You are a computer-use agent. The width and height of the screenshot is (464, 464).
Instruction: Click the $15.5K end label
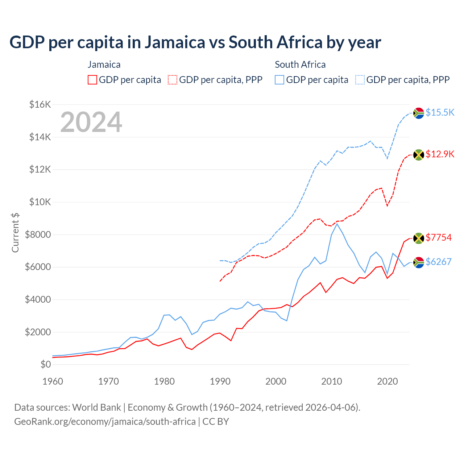click(440, 112)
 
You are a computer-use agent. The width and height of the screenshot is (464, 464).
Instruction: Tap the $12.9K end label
click(440, 154)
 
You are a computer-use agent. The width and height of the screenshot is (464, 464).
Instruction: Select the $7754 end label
click(439, 237)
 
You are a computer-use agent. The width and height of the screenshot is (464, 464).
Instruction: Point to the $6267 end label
click(439, 262)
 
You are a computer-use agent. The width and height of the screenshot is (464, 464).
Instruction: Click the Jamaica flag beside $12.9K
click(419, 155)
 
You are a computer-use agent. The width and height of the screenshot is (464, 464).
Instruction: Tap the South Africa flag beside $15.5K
click(419, 113)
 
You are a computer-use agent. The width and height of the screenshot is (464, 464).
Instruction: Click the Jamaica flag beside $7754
click(419, 238)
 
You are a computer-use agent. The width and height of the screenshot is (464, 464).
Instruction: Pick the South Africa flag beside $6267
click(419, 262)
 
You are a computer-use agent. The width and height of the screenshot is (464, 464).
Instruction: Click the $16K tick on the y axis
click(40, 105)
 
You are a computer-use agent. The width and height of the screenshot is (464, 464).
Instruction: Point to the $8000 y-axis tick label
click(38, 235)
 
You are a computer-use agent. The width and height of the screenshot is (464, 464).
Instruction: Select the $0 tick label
click(45, 364)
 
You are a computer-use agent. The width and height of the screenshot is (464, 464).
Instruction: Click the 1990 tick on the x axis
click(220, 381)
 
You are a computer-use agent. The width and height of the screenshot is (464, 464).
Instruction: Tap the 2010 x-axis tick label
click(332, 381)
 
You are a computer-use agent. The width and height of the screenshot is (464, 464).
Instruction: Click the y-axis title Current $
click(15, 232)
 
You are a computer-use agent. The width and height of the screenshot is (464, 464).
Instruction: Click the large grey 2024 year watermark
click(91, 122)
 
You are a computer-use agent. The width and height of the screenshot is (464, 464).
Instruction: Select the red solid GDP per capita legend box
click(92, 80)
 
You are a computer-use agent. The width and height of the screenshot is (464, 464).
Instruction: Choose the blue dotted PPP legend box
click(360, 80)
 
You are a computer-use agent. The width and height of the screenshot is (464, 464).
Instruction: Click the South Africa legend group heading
click(300, 65)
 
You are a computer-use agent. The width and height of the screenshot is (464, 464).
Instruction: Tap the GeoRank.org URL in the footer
click(105, 422)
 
